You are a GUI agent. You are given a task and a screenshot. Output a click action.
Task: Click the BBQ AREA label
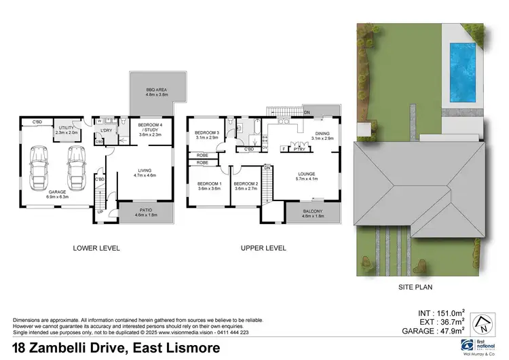tap(156, 93)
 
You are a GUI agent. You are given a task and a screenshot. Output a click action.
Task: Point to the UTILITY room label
tap(66, 130)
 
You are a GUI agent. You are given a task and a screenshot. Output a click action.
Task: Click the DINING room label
tap(322, 134)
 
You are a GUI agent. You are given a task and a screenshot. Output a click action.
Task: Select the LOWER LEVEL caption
tap(96, 249)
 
